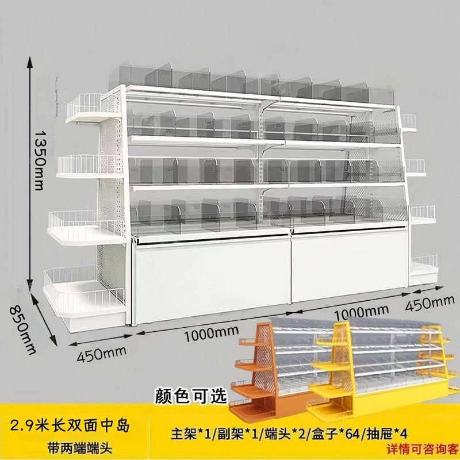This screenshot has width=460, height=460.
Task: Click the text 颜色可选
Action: (x=191, y=396)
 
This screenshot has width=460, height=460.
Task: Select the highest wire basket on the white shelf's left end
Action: (x=86, y=106)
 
